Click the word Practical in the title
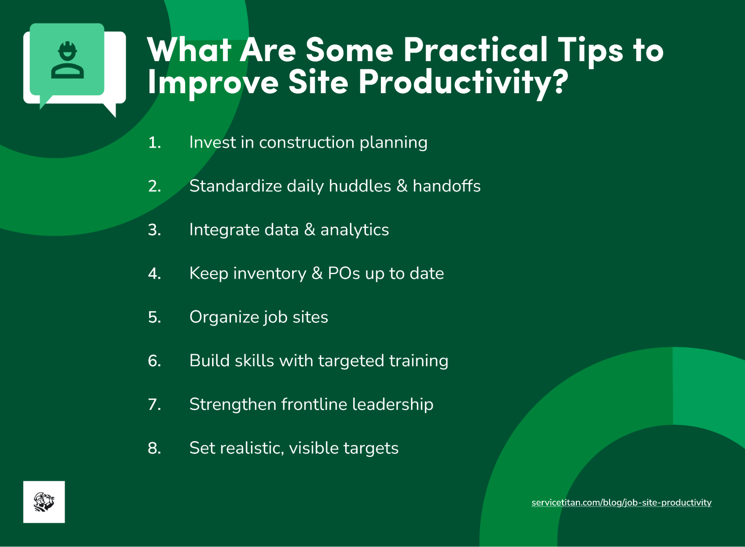tap(475, 50)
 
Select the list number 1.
tap(154, 143)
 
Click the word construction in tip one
tap(306, 143)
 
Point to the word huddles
tap(360, 186)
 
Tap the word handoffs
tap(446, 186)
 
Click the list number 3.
tap(154, 230)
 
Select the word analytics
tap(354, 230)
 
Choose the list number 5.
tap(154, 317)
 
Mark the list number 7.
tap(154, 405)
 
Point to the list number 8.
tap(154, 448)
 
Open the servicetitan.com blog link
tap(621, 503)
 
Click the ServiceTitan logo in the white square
tap(44, 502)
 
